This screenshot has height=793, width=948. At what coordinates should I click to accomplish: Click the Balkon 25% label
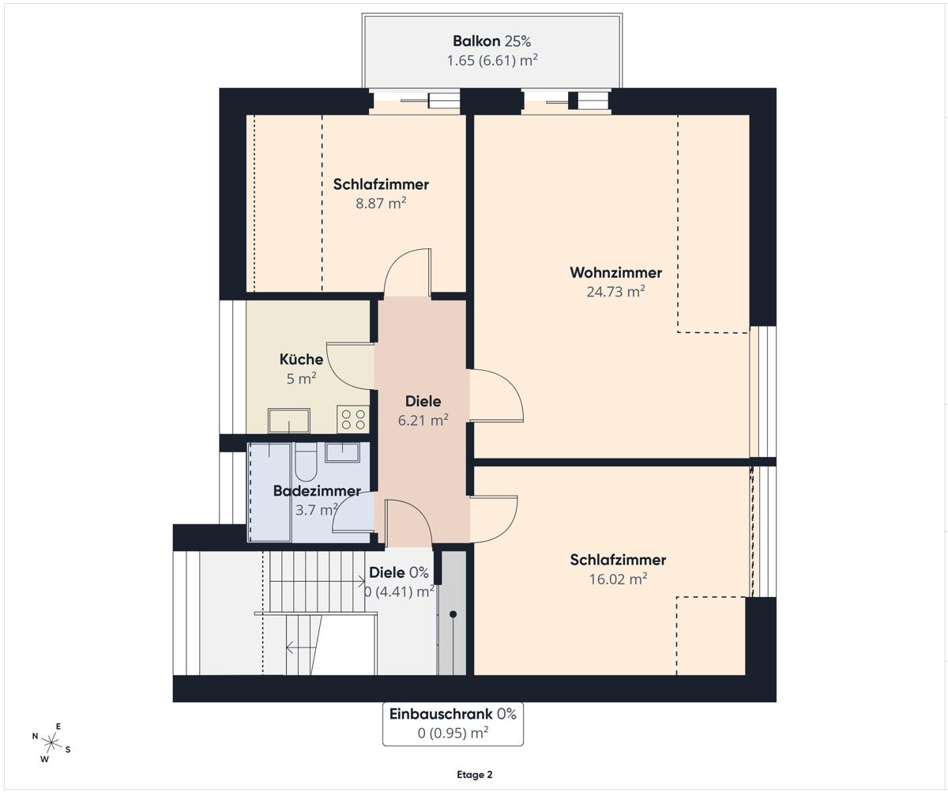tap(491, 41)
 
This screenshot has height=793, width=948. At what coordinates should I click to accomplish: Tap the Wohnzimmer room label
tap(615, 273)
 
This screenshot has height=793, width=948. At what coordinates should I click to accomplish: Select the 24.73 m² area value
tap(615, 291)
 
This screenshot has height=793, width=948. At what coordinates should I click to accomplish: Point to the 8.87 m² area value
tap(381, 203)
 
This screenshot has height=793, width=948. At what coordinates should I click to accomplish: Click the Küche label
tap(301, 360)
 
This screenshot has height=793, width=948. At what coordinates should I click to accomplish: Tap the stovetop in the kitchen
tap(353, 420)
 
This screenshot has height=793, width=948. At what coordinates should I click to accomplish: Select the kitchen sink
tap(289, 421)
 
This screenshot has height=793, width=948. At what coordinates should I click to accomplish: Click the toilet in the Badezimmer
tap(306, 461)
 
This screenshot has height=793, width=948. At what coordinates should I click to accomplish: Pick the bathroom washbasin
tap(342, 452)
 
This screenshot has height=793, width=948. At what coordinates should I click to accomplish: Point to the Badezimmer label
tap(317, 491)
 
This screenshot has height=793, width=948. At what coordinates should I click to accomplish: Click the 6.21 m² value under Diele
tap(423, 420)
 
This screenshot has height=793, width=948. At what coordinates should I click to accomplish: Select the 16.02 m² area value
tap(618, 579)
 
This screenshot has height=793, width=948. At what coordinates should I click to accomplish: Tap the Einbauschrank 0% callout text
tap(453, 714)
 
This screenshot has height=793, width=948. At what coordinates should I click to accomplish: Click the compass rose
tap(52, 743)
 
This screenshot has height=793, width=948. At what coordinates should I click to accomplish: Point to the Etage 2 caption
tap(475, 775)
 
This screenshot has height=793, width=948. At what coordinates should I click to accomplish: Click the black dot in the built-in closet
tap(453, 614)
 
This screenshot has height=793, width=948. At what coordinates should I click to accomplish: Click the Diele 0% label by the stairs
tap(399, 572)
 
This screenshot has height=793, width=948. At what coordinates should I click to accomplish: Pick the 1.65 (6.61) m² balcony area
tap(492, 60)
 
